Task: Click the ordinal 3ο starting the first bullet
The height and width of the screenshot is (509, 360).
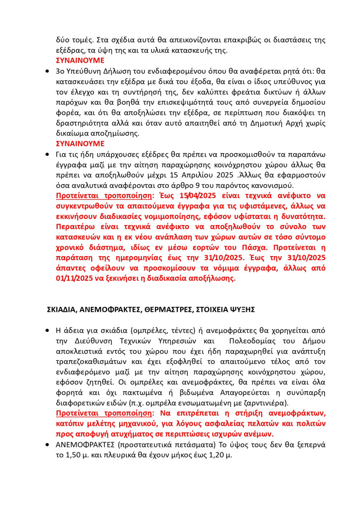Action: pyautogui.click(x=60, y=72)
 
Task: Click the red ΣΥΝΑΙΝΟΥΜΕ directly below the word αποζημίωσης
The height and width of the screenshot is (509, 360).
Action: pyautogui.click(x=80, y=144)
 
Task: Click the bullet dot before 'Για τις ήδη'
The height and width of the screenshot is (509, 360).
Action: pyautogui.click(x=48, y=154)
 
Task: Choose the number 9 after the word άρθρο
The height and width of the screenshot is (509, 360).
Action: pyautogui.click(x=184, y=185)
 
